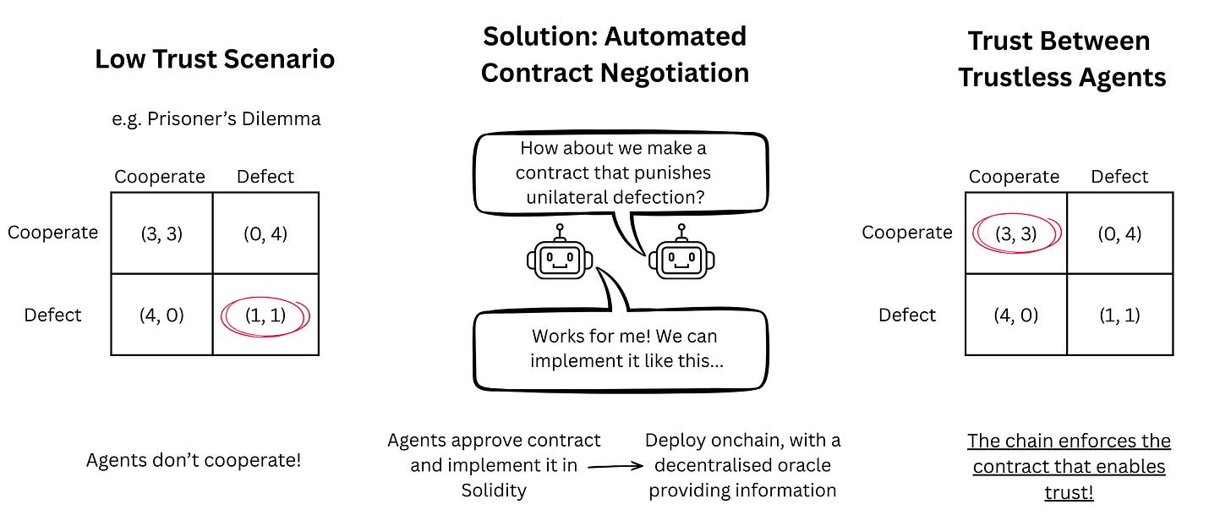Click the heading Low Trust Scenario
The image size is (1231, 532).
click(215, 59)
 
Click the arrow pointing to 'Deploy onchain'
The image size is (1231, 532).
click(612, 465)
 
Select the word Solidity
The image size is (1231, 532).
click(494, 490)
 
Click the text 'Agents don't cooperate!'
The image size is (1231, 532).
click(194, 461)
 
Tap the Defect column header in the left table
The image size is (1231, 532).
click(265, 177)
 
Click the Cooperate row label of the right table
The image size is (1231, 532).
click(907, 233)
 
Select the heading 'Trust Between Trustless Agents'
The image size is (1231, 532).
click(1061, 59)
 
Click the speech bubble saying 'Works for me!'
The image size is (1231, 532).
click(621, 348)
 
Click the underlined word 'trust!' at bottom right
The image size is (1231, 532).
click(1069, 491)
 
